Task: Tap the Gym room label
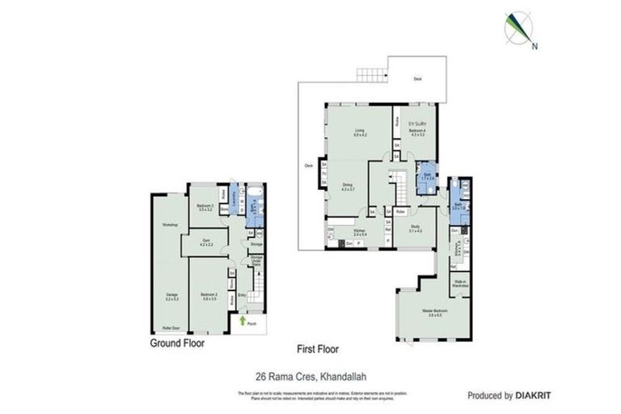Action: pyautogui.click(x=207, y=241)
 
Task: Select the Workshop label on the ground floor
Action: pyautogui.click(x=170, y=224)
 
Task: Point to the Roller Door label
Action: pyautogui.click(x=171, y=329)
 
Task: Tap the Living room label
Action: pyautogui.click(x=360, y=133)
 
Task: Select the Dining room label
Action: pyautogui.click(x=347, y=187)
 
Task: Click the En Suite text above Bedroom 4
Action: pyautogui.click(x=416, y=124)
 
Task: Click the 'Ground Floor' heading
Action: pyautogui.click(x=176, y=343)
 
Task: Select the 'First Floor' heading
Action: pyautogui.click(x=317, y=349)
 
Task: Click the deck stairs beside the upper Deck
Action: pyautogui.click(x=372, y=70)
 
